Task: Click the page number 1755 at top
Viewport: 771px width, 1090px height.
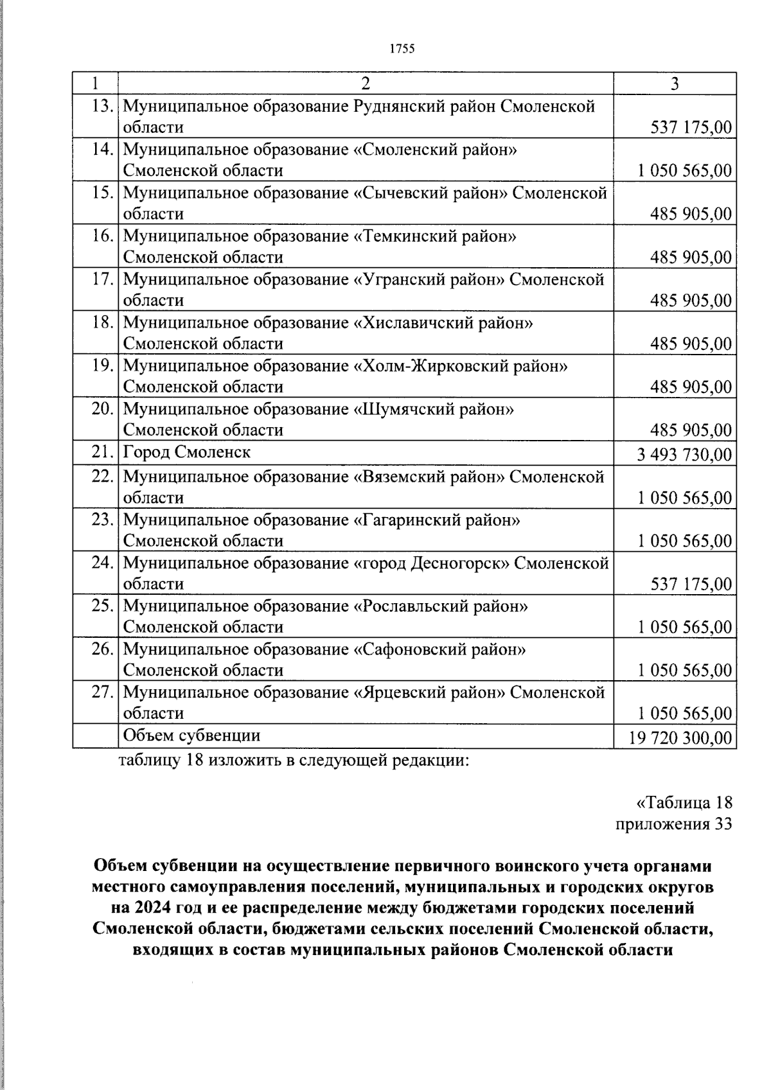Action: (x=402, y=49)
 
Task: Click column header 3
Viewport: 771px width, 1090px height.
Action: (x=674, y=84)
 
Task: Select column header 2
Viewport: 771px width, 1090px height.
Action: (x=365, y=84)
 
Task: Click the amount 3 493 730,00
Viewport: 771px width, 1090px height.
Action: (x=684, y=455)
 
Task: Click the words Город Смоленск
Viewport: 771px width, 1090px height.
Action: (x=186, y=452)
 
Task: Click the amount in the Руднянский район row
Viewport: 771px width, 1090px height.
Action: (x=691, y=127)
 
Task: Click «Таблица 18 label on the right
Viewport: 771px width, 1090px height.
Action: (x=684, y=803)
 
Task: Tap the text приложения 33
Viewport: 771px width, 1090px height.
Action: (x=673, y=824)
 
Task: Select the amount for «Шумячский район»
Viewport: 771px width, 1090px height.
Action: (x=691, y=430)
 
